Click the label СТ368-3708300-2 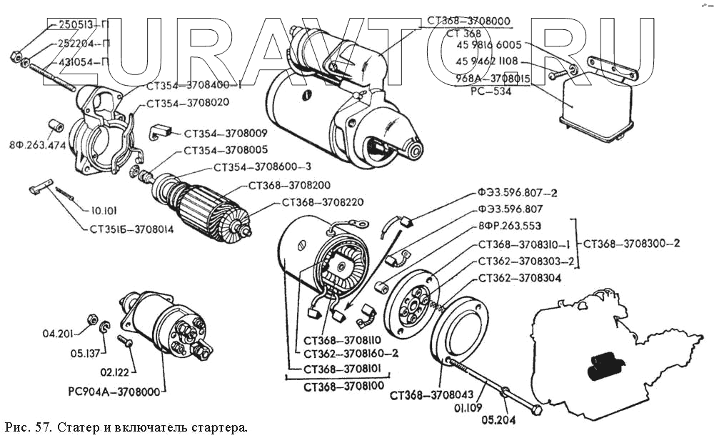631,243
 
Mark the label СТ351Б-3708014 125,230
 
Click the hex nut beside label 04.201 91,317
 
